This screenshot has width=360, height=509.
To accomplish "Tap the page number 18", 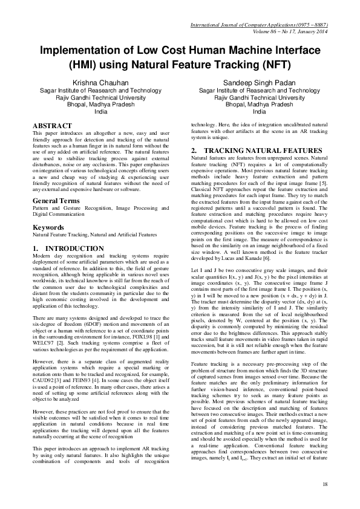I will [x=325, y=484].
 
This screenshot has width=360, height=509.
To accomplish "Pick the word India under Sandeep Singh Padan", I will [x=259, y=112].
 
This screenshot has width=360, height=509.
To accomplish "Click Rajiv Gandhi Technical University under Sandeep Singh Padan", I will [x=259, y=97].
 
